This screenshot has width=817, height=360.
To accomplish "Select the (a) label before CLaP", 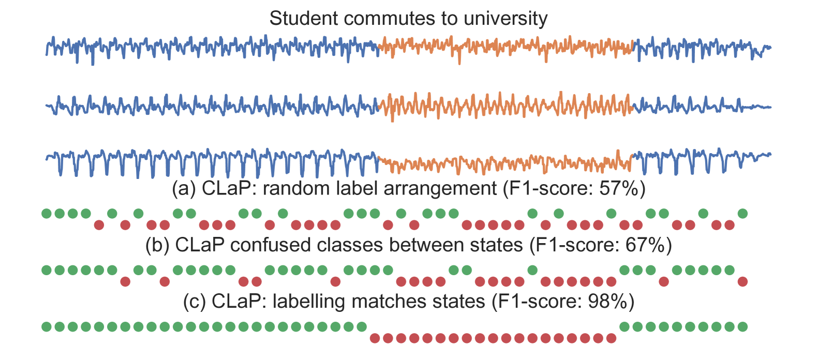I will pos(184,188).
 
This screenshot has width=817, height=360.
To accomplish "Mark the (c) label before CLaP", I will pos(195,301).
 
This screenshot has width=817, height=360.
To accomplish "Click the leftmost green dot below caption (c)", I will pos(47,326).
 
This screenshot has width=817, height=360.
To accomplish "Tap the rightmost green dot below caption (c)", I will pos(742,326).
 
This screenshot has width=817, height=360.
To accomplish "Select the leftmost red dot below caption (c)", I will pos(375,338).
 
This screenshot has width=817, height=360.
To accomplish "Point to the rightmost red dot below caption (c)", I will pos(612,338).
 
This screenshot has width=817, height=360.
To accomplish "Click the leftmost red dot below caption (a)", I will pos(99,225).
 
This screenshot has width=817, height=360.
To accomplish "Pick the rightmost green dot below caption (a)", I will pos(742,213).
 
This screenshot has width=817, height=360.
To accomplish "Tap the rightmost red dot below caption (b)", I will pos(742,281).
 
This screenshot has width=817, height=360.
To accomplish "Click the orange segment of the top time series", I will pos(504,47).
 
